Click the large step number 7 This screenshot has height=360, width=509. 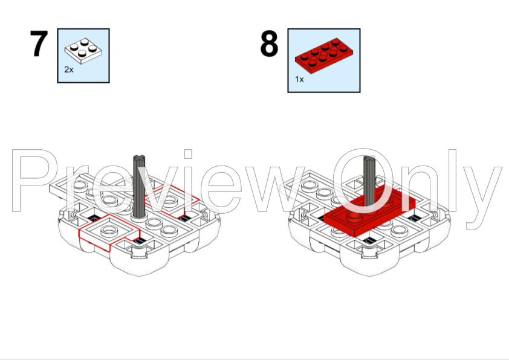coord(39,43)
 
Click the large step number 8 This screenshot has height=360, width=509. coord(269,43)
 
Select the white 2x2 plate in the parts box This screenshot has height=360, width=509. coord(83,51)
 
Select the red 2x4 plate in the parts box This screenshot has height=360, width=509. coord(324,56)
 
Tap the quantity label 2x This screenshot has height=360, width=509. coord(69,69)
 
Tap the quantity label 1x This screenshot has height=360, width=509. coord(299,79)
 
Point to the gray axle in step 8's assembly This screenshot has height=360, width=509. coord(369,181)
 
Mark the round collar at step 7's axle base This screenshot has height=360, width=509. coord(140,217)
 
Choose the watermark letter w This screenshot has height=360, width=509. coord(274,190)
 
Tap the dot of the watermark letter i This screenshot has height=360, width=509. coord(188,154)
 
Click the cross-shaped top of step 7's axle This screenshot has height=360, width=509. coord(139,159)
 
